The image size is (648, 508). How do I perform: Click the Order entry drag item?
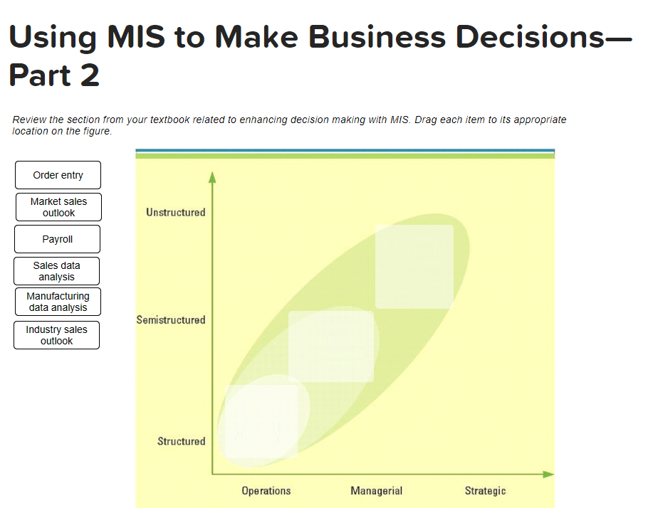point(58,175)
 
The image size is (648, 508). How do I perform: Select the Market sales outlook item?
point(58,207)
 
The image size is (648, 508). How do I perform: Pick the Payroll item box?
point(57,239)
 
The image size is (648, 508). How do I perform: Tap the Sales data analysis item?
point(56,271)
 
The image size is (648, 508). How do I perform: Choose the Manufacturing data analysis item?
point(58,302)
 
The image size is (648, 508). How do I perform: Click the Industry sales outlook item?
point(56,335)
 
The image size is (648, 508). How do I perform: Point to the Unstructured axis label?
point(175,212)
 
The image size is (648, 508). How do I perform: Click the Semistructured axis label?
point(171,320)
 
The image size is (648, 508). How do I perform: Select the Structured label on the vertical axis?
point(181,441)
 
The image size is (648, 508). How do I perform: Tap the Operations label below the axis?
point(266,491)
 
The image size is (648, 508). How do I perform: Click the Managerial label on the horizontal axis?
point(376,491)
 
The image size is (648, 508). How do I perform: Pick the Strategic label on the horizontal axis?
point(485,491)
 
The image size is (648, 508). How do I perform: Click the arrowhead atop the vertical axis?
point(211,177)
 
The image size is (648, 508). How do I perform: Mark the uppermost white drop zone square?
point(414,267)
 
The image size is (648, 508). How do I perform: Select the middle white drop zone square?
point(331,346)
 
